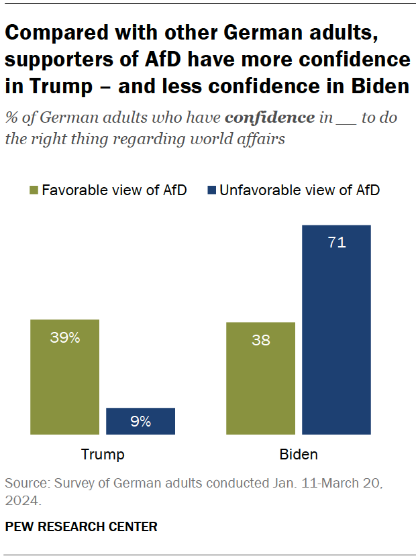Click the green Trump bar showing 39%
pos(64,377)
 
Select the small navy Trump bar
pos(140,421)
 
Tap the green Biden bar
pos(261,378)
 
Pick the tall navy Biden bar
pos(336,329)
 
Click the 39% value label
pos(64,338)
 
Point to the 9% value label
pos(140,422)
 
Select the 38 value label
pos(261,340)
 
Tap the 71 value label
pos(336,243)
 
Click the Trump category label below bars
pos(103,455)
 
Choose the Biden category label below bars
pos(299,455)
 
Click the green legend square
pos(33,190)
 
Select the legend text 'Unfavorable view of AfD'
pos(299,190)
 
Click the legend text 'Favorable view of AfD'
pos(114,190)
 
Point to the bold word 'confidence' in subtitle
pos(270,117)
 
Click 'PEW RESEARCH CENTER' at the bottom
pos(81,527)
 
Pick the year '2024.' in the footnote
pos(23,500)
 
